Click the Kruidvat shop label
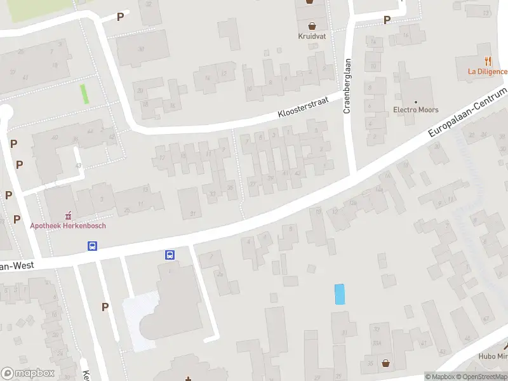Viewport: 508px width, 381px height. pos(312,36)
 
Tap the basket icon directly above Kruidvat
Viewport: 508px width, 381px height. pos(312,26)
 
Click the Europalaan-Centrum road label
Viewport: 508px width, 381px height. pos(467,113)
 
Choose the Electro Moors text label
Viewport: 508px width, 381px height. pos(416,110)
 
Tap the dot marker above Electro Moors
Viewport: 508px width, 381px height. pos(416,102)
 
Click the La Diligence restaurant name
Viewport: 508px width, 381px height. pos(488,71)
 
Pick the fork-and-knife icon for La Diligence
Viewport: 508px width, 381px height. pos(488,62)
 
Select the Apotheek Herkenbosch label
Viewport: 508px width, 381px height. pos(68,225)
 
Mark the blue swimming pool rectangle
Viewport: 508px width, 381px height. pos(340,293)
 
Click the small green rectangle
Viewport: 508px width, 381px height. pos(84,94)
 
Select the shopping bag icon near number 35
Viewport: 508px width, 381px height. pos(387,363)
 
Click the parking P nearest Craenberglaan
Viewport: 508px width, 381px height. pos(387,20)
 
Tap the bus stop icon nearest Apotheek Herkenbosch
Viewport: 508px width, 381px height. pos(93,246)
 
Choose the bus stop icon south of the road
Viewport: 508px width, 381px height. pos(170,255)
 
